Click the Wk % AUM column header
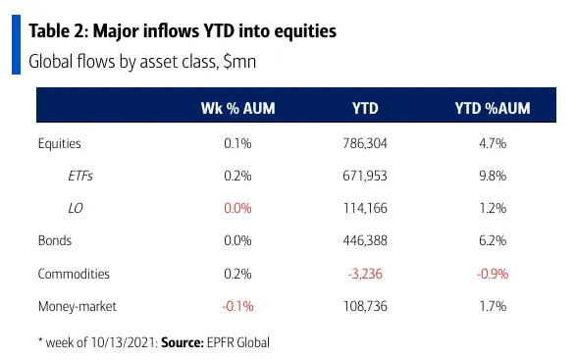pyautogui.click(x=237, y=108)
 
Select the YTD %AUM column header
pyautogui.click(x=493, y=108)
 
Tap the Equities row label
pyautogui.click(x=60, y=143)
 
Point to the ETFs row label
pyautogui.click(x=80, y=176)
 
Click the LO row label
pyautogui.click(x=76, y=208)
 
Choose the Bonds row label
pyautogui.click(x=55, y=240)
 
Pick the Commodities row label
pyautogui.click(x=74, y=274)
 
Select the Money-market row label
pyautogui.click(x=78, y=306)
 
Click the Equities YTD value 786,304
pyautogui.click(x=365, y=143)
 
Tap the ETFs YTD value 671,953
pyautogui.click(x=365, y=176)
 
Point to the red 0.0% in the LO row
pyautogui.click(x=237, y=208)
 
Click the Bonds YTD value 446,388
pyautogui.click(x=365, y=240)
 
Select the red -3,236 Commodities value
pyautogui.click(x=365, y=274)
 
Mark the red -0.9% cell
pyautogui.click(x=493, y=274)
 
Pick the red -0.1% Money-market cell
pyautogui.click(x=237, y=306)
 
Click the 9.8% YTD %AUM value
pyautogui.click(x=493, y=176)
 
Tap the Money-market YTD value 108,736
pyautogui.click(x=365, y=306)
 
